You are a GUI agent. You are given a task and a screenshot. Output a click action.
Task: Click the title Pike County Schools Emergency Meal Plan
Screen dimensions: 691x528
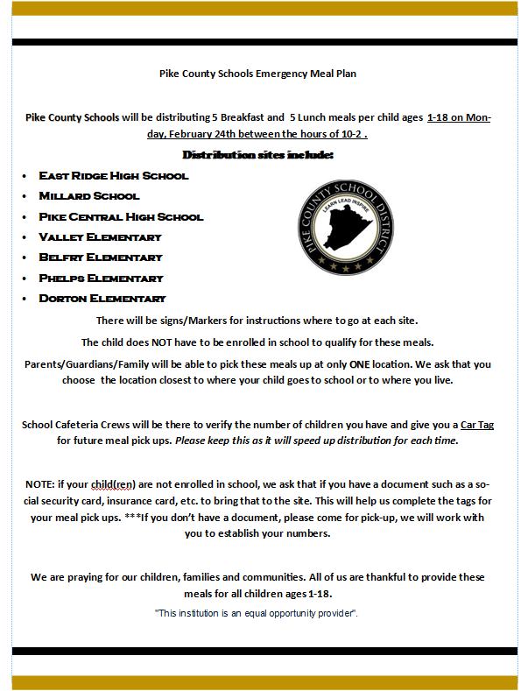tap(257, 74)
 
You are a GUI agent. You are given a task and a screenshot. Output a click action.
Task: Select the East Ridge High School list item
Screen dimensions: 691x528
tap(114, 175)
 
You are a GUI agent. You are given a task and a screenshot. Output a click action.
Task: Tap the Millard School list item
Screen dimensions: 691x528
tap(89, 196)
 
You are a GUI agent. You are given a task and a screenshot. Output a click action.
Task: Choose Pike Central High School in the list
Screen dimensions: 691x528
tap(121, 216)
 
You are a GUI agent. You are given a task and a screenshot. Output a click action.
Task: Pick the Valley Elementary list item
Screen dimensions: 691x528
tap(100, 237)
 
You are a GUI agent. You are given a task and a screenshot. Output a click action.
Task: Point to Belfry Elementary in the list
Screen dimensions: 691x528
tap(101, 257)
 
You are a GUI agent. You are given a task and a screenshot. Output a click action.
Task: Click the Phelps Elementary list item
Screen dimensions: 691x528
tap(101, 278)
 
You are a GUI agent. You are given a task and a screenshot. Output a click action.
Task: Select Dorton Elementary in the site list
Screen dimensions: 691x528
tap(102, 299)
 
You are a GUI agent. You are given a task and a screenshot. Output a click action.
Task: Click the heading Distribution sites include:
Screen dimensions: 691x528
tap(257, 155)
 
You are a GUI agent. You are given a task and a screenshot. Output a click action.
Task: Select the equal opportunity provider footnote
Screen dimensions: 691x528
tap(257, 612)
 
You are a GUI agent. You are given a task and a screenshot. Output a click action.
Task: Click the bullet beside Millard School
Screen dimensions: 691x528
tap(25, 196)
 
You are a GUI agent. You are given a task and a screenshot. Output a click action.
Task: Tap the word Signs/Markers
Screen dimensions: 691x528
tap(180, 321)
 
